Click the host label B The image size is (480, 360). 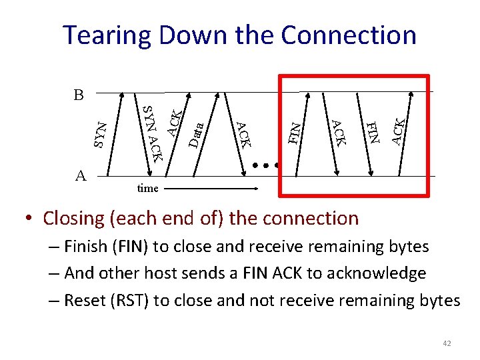coord(79,95)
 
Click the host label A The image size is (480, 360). coord(81,175)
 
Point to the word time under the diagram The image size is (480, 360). coord(147,189)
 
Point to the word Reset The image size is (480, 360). coord(85,301)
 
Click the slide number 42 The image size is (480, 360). coord(447,343)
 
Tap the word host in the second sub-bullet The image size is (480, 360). coord(161,273)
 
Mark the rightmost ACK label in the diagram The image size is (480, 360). coord(398,131)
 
